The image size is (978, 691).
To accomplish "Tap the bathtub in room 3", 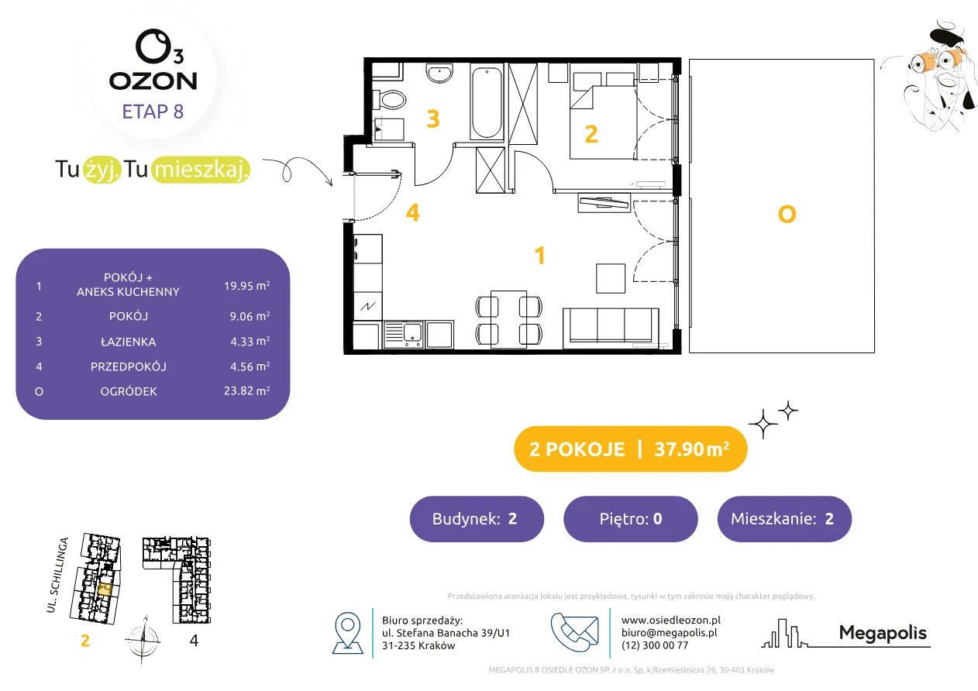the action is point(487,102).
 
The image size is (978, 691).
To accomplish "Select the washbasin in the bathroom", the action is point(439,73).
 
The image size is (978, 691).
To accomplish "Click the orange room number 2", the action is point(591,134).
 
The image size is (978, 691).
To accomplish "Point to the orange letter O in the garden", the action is point(787,215).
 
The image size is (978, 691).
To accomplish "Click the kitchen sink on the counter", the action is point(404,335).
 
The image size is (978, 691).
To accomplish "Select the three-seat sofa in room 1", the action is point(611,328).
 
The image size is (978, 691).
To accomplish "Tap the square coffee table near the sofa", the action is point(611,278).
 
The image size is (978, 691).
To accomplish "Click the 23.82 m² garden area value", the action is point(246,390).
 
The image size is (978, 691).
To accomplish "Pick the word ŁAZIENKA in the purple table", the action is point(129,342).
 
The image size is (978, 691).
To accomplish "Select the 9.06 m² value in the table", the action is point(250,316).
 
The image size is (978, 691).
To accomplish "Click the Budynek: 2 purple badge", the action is point(477,518).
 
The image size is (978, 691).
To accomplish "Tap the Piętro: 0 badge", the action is point(631,518).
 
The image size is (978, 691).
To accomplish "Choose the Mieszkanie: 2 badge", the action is point(784,518).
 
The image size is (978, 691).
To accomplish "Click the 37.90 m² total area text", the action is point(691,449).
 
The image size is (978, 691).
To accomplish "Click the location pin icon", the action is point(347,633).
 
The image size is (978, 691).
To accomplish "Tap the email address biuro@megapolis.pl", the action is point(669,633).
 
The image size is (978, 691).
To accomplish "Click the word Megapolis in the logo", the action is point(883,633).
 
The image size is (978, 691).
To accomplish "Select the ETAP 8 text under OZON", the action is point(153,112).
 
